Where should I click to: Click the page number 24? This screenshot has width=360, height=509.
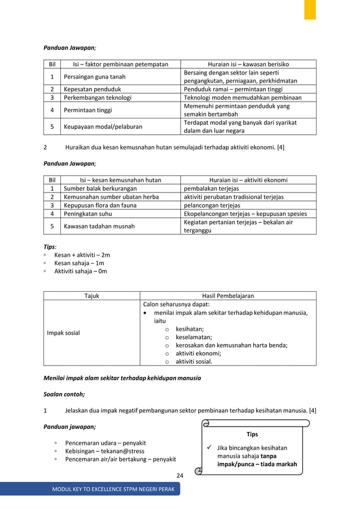[x=179, y=476]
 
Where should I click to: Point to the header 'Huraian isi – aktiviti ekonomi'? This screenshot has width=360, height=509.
[x=248, y=180]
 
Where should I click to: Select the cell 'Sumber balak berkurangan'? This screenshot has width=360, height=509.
[x=100, y=188]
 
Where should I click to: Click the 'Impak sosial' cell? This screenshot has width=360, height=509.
[x=64, y=333]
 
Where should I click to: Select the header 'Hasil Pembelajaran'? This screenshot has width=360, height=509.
[x=228, y=296]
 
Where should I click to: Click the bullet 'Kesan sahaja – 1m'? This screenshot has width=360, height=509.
[x=79, y=263]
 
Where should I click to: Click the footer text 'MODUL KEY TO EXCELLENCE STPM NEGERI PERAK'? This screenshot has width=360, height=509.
[x=112, y=489]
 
